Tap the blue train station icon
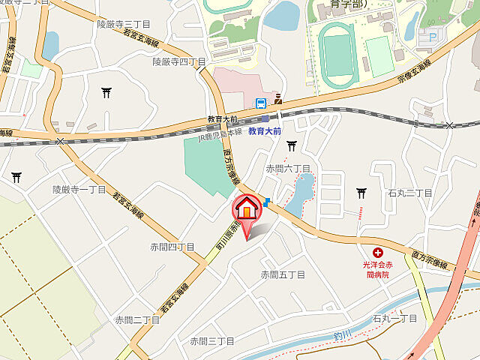[260, 103]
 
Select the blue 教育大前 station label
[265, 130]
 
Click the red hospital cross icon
[377, 254]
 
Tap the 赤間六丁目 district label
[288, 169]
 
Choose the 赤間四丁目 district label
[172, 246]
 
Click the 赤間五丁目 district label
[283, 274]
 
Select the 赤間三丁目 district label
[212, 341]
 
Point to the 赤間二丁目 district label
[137, 319]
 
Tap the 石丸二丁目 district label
[410, 193]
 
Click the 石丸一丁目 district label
[394, 319]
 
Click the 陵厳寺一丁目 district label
[79, 190]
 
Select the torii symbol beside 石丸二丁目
[361, 193]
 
